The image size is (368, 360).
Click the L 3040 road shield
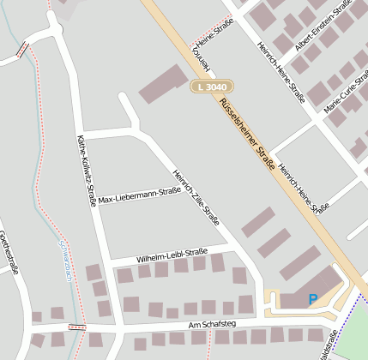click(211, 87)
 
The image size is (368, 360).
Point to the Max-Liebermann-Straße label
click(139, 195)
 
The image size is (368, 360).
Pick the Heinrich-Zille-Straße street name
click(196, 195)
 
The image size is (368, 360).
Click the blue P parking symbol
click(312, 300)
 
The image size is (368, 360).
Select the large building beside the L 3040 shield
click(163, 84)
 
